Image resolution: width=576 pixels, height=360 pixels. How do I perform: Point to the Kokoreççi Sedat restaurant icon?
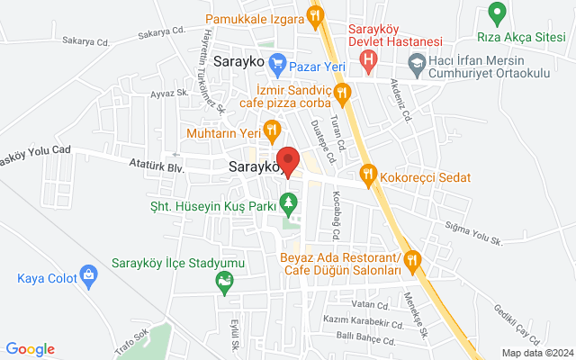(367, 174)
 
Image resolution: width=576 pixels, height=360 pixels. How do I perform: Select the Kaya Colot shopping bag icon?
(88, 274)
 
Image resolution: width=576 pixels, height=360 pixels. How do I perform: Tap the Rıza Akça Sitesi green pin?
(495, 13)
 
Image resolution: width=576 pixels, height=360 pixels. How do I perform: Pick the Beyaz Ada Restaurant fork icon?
(412, 260)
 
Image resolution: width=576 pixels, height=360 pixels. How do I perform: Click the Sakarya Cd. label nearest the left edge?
(85, 41)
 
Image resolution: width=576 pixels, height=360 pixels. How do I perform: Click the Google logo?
(30, 349)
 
